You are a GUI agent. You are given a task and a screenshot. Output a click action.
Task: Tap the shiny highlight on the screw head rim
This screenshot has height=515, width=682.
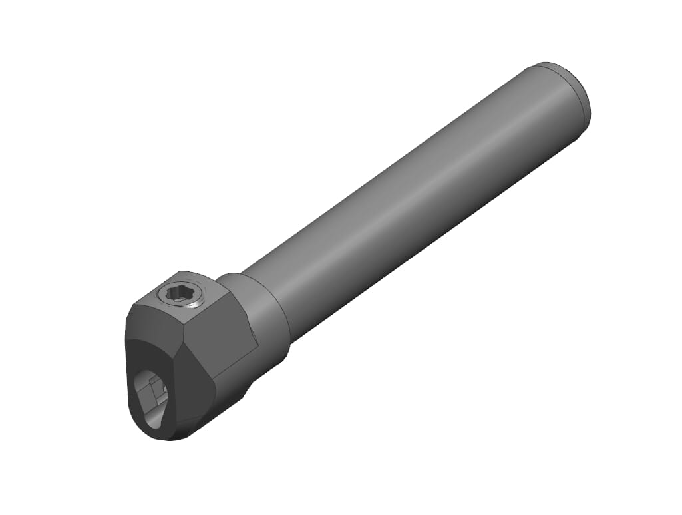point(195,305)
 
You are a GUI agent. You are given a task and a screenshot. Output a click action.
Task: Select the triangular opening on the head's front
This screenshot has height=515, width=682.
point(152,397)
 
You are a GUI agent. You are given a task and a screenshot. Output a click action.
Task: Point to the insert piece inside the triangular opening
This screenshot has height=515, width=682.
point(154,390)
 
